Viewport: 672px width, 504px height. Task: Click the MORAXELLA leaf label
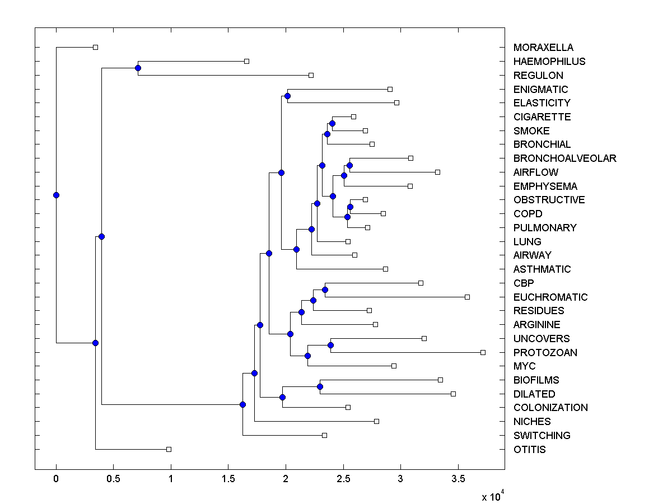click(x=543, y=48)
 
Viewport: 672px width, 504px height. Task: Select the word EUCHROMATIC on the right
click(x=550, y=297)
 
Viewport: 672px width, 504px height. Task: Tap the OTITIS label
click(x=529, y=449)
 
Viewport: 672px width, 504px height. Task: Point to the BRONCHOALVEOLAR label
click(x=564, y=158)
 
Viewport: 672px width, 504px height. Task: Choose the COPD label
click(x=528, y=213)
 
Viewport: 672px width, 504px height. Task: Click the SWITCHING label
click(x=542, y=435)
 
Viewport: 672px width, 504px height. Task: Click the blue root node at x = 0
click(x=56, y=195)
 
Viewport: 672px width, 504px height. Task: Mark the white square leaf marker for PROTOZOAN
click(x=483, y=352)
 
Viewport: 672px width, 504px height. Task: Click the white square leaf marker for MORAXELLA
click(x=95, y=47)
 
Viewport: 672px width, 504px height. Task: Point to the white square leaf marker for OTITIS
click(x=169, y=449)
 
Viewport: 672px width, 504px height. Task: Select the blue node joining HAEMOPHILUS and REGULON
click(x=138, y=68)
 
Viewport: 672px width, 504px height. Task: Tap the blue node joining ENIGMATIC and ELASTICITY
click(x=287, y=96)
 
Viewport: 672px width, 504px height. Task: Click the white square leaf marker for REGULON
click(x=311, y=75)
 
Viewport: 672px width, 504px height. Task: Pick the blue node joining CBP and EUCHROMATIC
click(x=325, y=290)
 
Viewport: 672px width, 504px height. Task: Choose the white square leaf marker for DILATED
click(x=453, y=394)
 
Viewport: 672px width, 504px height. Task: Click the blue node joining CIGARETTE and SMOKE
click(x=332, y=123)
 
